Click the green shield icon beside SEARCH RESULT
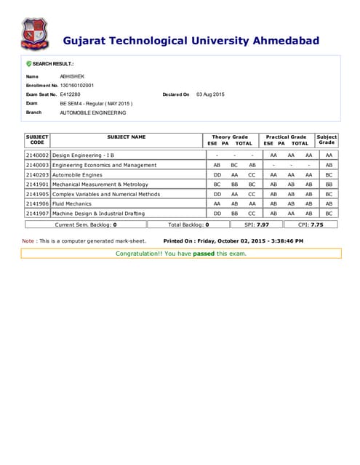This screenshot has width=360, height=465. [28, 64]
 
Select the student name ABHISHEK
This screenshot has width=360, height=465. [72, 76]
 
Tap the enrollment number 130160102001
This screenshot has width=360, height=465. [77, 86]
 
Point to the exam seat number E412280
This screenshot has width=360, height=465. [71, 94]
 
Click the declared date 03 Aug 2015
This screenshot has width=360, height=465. [210, 94]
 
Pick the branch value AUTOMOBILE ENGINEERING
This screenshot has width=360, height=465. [92, 113]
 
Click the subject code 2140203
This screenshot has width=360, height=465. [37, 175]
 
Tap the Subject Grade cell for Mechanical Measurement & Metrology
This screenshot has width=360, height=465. [329, 185]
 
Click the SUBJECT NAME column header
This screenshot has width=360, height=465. [127, 137]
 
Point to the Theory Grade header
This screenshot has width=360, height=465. [230, 137]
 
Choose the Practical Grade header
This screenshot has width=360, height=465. [286, 137]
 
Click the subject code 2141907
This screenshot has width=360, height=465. [37, 214]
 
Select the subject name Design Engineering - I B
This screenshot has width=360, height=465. [84, 155]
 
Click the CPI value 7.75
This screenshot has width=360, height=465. [316, 225]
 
